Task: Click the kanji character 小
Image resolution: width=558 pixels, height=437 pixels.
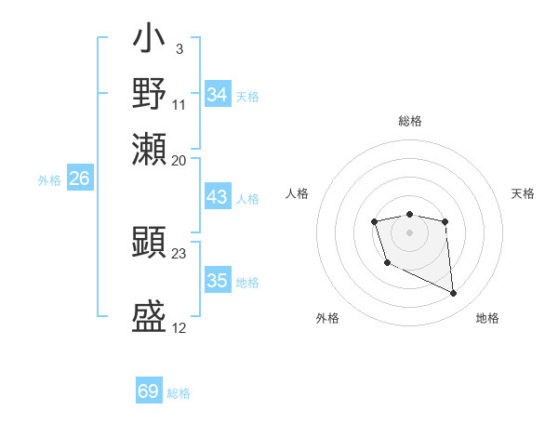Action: (x=150, y=41)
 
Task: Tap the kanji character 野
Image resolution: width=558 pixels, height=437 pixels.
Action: (x=150, y=95)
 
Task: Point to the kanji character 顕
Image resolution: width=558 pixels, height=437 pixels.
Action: (x=150, y=243)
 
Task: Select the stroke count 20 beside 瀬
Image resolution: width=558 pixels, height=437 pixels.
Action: (x=179, y=159)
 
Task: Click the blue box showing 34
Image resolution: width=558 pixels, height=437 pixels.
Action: (x=217, y=95)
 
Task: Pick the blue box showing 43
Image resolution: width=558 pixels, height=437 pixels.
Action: (x=217, y=197)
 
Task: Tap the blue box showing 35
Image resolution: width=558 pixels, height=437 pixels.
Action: (x=217, y=282)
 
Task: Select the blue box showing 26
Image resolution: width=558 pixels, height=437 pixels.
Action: (x=79, y=179)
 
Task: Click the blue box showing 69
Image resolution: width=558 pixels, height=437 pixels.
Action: (x=148, y=391)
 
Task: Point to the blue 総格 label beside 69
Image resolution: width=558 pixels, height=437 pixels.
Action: (x=179, y=393)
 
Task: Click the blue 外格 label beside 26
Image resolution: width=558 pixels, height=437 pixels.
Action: (x=49, y=181)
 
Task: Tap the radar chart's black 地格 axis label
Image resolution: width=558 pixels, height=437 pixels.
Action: (x=487, y=319)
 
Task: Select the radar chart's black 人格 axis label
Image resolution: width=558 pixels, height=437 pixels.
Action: (x=298, y=193)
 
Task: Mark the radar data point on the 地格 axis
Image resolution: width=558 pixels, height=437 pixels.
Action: (x=454, y=294)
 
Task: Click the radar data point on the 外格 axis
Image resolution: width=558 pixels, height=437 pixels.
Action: (x=387, y=263)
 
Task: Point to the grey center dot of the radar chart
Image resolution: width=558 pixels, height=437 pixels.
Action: (x=409, y=232)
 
